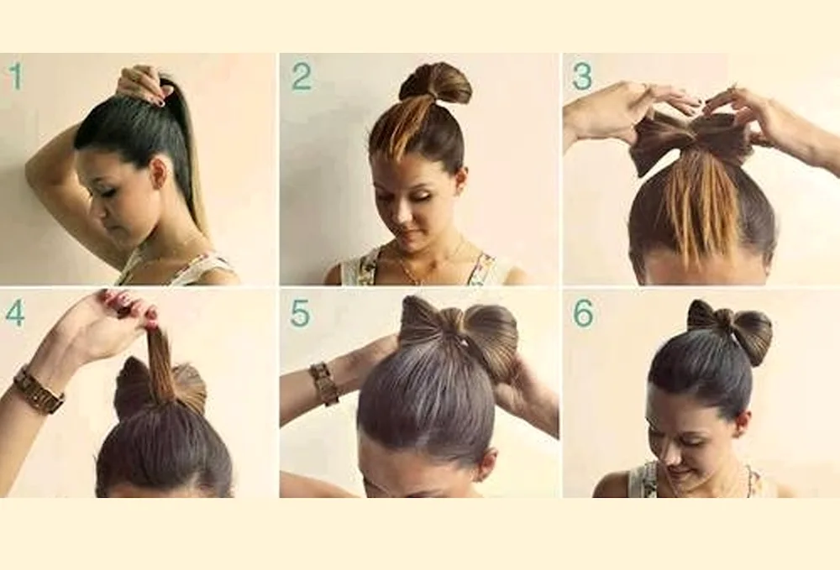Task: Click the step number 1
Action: coord(16,76)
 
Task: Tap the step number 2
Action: coord(302,76)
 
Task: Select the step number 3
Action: coord(582,76)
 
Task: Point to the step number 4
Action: coord(15,313)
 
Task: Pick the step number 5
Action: coord(300,313)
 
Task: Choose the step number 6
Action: coord(583,313)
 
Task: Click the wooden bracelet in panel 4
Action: coord(38,390)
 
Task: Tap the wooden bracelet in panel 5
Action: coord(323,383)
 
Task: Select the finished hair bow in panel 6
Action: coord(730,330)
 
